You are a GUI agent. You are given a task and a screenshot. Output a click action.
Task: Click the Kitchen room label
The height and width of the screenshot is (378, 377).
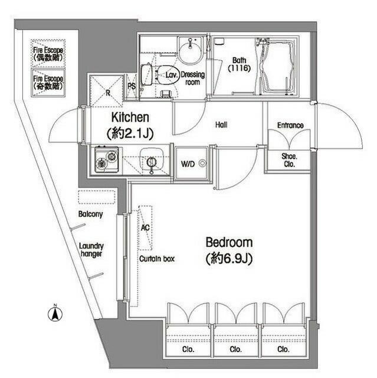tap(129, 118)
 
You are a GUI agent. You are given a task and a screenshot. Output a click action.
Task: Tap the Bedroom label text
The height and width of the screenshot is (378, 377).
tap(229, 242)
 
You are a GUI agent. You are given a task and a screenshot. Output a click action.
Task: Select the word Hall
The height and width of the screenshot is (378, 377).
tap(221, 125)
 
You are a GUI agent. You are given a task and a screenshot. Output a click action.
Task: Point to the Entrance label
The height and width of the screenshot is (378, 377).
tap(290, 125)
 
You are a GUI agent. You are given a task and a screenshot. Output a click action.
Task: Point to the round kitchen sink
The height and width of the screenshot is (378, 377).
tap(151, 162)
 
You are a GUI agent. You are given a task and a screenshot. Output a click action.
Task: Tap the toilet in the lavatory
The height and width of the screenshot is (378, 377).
tap(166, 75)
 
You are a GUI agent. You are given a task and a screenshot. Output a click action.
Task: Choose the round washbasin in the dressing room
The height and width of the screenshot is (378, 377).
tap(191, 51)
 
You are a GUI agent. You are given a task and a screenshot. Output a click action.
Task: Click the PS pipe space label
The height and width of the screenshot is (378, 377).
tap(132, 86)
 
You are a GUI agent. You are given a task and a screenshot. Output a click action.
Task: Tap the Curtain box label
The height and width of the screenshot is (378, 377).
tap(157, 259)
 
